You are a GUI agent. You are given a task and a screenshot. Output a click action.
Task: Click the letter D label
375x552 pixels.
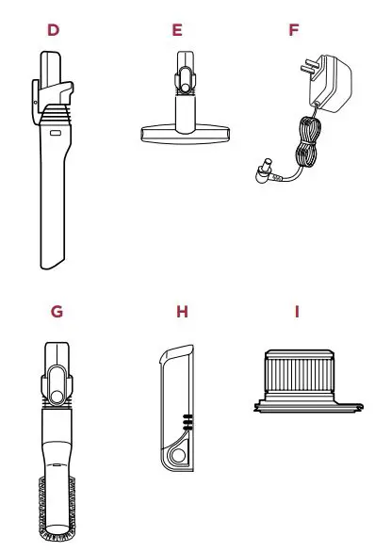[53, 29]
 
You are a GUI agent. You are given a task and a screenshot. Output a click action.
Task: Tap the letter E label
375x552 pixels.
[177, 29]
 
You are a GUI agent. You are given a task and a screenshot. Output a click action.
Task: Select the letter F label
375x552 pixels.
[294, 29]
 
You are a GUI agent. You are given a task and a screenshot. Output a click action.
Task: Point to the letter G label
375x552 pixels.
[57, 310]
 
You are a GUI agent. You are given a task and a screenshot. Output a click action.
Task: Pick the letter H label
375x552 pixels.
[182, 310]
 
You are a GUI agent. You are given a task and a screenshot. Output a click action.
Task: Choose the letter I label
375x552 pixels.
[298, 310]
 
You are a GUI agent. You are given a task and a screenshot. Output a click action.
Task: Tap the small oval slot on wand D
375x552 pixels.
[53, 136]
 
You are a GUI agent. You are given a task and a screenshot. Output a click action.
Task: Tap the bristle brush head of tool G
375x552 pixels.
[59, 509]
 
